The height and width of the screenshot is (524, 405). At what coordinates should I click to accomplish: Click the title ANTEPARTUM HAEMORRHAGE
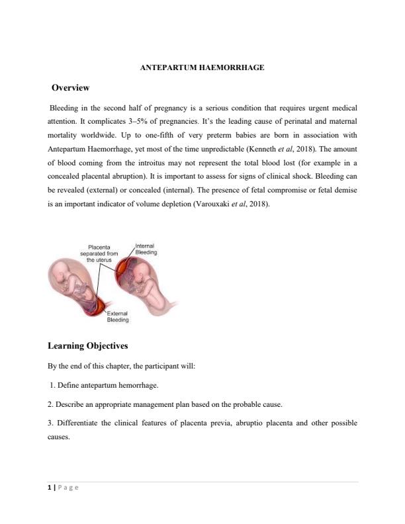[x=203, y=67]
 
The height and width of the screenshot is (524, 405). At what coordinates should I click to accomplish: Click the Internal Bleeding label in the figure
[x=146, y=249]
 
